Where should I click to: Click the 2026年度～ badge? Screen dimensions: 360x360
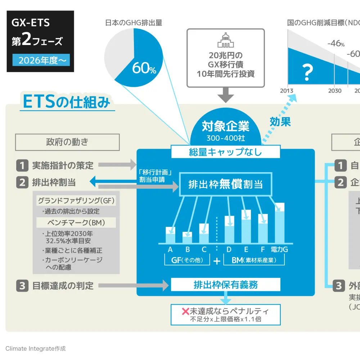[41, 60]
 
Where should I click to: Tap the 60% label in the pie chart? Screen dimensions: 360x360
[144, 68]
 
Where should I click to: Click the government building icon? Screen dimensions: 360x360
[226, 40]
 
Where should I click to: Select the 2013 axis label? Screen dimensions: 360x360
[287, 91]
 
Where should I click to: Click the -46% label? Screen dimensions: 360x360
[336, 44]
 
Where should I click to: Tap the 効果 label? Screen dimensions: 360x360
[280, 122]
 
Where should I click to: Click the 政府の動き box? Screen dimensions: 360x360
[67, 142]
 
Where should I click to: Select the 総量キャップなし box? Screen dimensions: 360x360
[225, 152]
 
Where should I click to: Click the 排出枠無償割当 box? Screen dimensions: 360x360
[225, 184]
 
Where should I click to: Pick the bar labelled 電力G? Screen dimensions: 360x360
[279, 223]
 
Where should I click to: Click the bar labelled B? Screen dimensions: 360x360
[187, 238]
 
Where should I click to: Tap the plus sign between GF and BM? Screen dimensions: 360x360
[217, 261]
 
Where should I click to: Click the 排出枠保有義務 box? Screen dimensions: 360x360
[225, 285]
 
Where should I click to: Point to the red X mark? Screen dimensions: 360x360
[186, 311]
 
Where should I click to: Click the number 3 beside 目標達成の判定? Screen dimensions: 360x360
[22, 286]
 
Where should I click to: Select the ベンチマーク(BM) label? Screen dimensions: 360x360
[76, 222]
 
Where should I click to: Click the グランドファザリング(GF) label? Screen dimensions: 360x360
[76, 200]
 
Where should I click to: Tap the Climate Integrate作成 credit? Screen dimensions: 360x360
[36, 348]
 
